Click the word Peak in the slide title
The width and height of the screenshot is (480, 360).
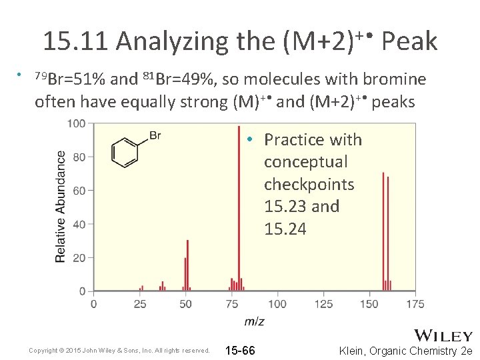pos(409,42)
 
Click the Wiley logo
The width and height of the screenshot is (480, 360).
pos(443,335)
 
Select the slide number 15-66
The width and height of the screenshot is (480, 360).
pos(240,351)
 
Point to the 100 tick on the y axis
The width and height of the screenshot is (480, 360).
pos(77,123)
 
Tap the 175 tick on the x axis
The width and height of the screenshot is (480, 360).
pos(415,304)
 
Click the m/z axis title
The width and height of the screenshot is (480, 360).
pos(254,321)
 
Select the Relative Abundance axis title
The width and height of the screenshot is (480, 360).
pos(60,206)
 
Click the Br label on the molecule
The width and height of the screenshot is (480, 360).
pos(155,136)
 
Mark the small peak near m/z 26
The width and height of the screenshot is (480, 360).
pos(141,288)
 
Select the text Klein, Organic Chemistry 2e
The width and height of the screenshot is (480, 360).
pos(405,351)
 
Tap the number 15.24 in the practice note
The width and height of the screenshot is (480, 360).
pos(285,229)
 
